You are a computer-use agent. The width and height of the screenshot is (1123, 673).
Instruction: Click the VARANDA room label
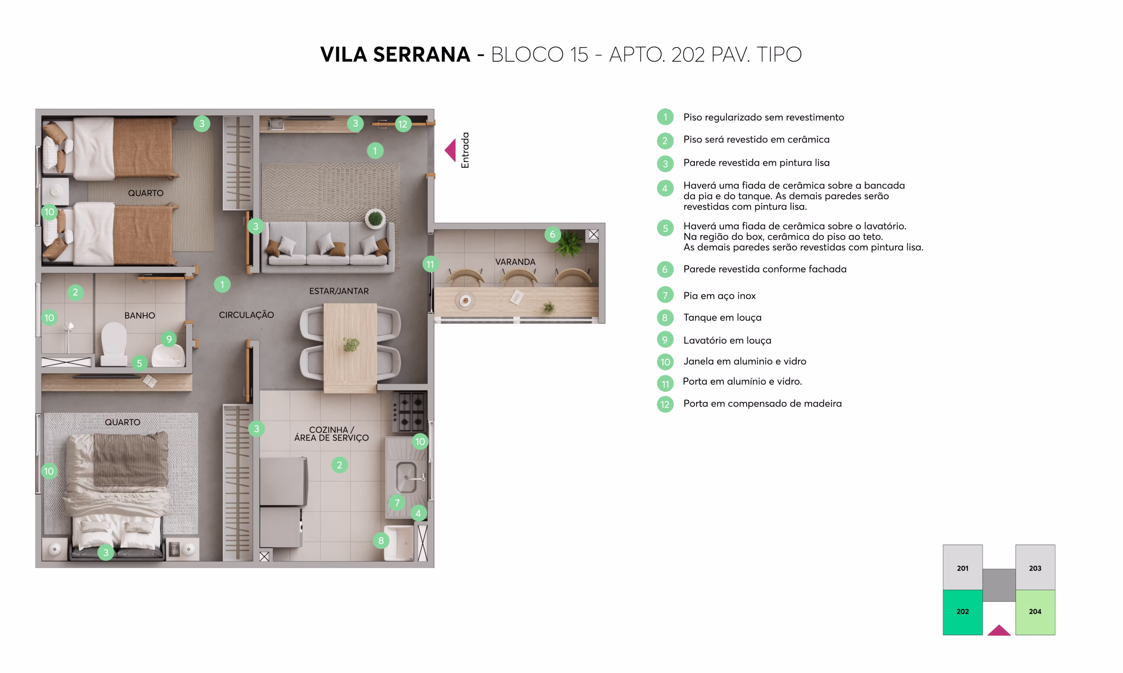pos(515,262)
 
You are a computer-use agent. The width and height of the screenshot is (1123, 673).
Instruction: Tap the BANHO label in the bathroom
pos(140,315)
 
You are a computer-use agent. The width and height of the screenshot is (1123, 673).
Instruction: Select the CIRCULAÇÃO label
pos(247,315)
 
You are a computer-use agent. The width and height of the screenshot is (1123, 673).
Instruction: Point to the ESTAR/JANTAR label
pos(339,290)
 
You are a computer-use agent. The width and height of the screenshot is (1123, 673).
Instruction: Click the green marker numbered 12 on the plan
pos(403,124)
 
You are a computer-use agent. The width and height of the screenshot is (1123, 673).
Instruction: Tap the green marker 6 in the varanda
pos(552,234)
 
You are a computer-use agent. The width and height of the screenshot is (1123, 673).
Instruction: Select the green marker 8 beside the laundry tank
pos(381,541)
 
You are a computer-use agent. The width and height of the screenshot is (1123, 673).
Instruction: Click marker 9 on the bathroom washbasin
pos(169,339)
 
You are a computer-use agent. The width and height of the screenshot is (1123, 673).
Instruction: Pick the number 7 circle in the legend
pos(665,295)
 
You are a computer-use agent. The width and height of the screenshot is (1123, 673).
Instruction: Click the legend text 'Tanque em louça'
pos(722,318)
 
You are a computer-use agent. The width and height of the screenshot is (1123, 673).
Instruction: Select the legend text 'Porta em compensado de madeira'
pos(762,404)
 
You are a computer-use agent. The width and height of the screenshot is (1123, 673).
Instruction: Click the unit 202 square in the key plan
pos(962,612)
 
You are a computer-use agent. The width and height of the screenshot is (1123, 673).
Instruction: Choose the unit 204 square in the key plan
pos(1035,612)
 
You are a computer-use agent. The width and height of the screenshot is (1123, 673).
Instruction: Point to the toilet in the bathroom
pos(114,344)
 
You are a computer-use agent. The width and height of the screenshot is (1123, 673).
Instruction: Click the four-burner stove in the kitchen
pos(410,411)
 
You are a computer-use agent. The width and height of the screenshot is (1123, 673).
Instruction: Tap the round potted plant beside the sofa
pos(376,219)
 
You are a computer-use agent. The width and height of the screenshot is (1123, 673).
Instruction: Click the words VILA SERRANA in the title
pos(395,54)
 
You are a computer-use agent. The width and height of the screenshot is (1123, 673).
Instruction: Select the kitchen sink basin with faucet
pos(407,477)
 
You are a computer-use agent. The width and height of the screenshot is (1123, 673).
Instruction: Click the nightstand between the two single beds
pos(55,191)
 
